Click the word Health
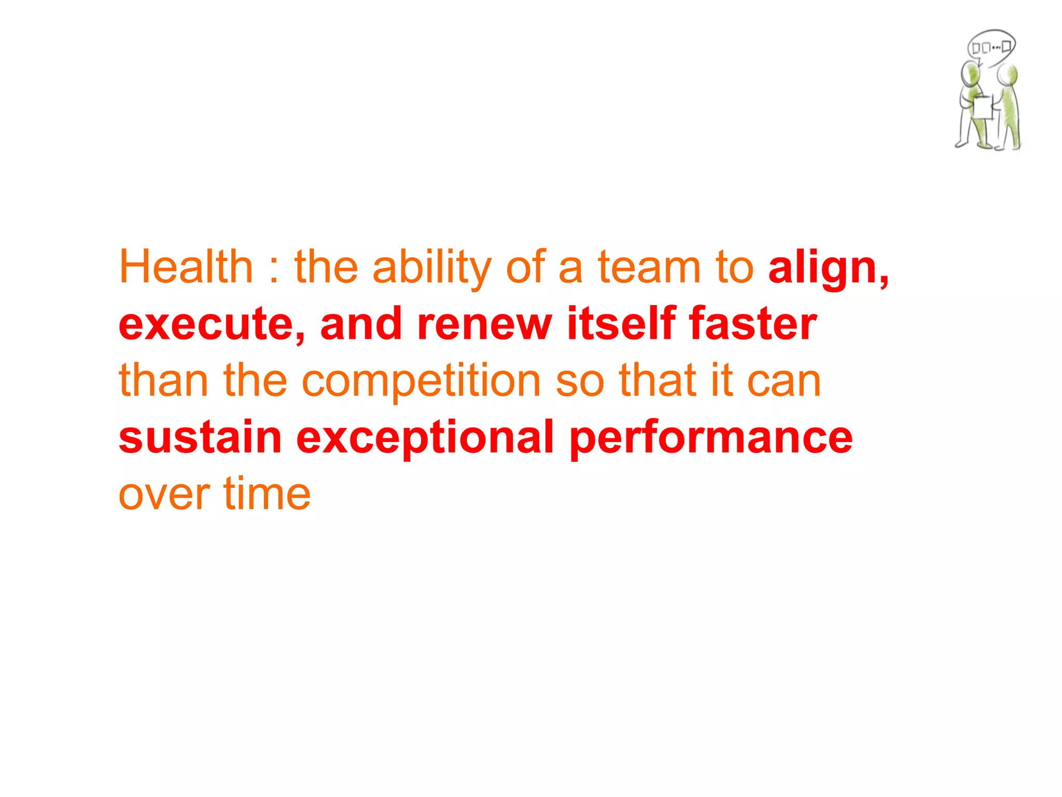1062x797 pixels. point(186,267)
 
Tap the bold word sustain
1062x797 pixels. point(200,437)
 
